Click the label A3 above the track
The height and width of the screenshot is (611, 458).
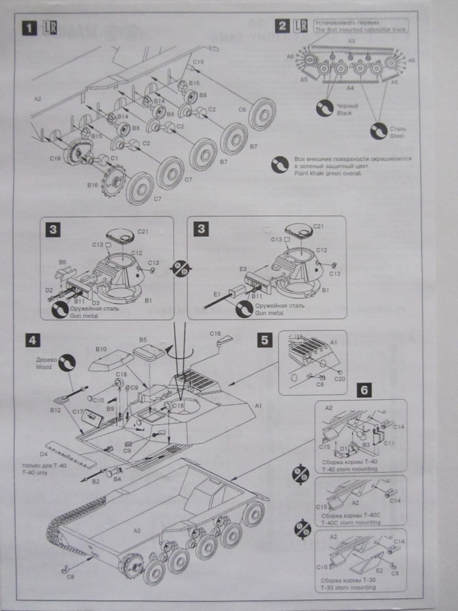tap(351, 41)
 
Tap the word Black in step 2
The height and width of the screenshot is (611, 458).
tap(345, 113)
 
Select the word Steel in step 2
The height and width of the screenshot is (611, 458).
tap(397, 136)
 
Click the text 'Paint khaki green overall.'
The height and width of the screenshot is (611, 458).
tap(329, 173)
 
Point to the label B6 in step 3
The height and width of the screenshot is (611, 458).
tap(62, 262)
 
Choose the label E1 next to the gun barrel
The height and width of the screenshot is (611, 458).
tap(217, 294)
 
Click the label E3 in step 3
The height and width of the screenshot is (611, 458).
tap(243, 268)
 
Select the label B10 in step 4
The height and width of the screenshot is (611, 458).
tap(101, 349)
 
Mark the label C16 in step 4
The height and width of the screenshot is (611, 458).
tap(215, 333)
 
